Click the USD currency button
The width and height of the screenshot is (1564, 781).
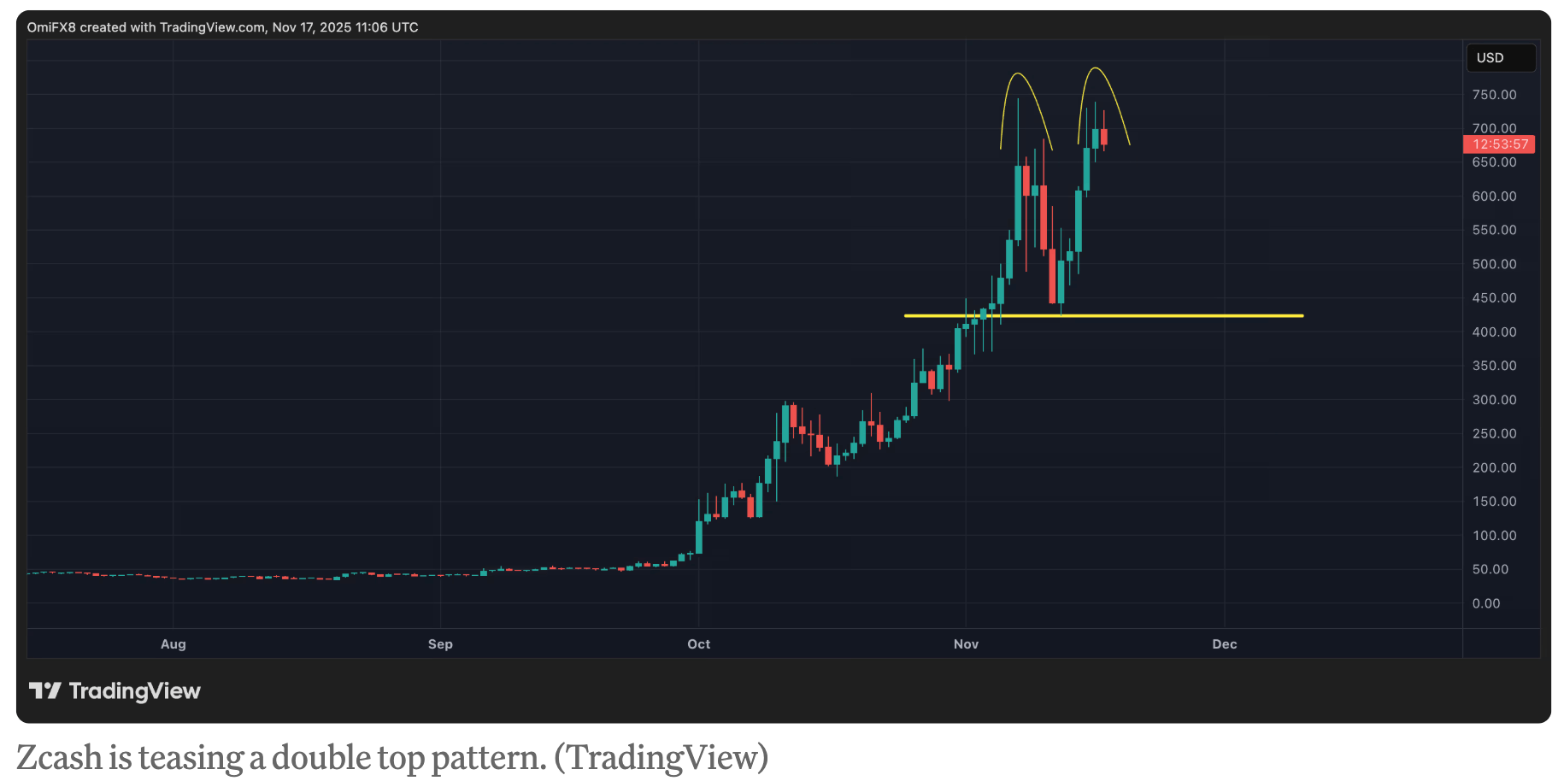tap(1500, 58)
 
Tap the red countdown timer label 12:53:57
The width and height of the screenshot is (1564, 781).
tap(1499, 144)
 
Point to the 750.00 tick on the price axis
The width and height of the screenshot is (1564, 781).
tap(1494, 95)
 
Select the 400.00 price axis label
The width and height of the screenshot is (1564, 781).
tap(1494, 332)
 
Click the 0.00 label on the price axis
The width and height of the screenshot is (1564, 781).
tap(1485, 603)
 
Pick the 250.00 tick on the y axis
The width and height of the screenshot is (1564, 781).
tap(1494, 434)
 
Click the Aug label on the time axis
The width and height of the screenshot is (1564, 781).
tap(173, 644)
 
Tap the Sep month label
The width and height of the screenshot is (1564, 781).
tap(440, 644)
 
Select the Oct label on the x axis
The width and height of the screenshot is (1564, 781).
tap(698, 644)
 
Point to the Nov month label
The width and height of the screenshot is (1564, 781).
tap(966, 644)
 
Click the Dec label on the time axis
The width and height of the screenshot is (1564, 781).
tap(1224, 644)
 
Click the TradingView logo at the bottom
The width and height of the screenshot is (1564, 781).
tap(115, 690)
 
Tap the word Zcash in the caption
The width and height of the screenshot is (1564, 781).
tap(58, 758)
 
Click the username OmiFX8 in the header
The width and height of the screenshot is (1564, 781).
tap(51, 27)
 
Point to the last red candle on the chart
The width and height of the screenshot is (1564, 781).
tap(1104, 137)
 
